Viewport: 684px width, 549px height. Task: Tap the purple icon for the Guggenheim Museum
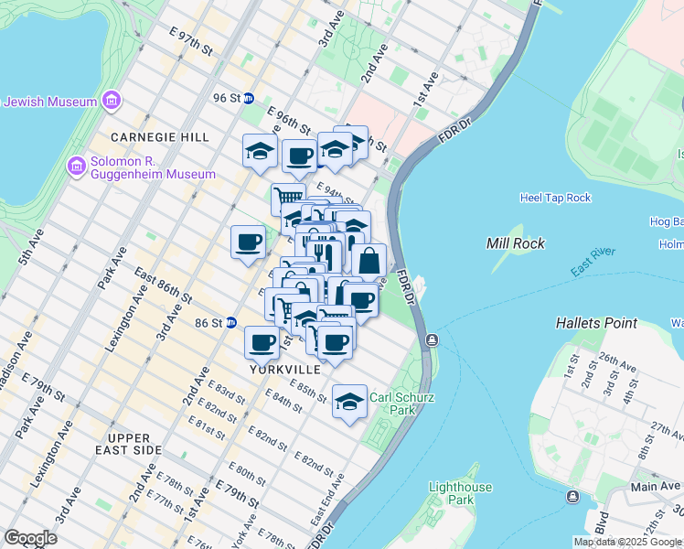(x=77, y=167)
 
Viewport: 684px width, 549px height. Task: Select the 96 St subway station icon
(x=248, y=98)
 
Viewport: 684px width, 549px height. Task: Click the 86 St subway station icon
(x=231, y=323)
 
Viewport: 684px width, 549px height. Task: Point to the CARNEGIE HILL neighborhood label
(x=160, y=136)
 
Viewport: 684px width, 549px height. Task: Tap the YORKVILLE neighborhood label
(x=285, y=370)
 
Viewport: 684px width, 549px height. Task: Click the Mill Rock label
(x=515, y=243)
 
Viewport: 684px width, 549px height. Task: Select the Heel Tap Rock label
(x=555, y=198)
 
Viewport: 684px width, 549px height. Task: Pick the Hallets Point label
(x=596, y=324)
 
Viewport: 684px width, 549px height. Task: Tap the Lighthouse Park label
(x=461, y=494)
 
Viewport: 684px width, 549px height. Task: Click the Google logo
(x=30, y=538)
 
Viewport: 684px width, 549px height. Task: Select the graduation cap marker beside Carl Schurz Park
(x=349, y=403)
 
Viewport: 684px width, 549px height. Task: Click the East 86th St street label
(x=163, y=285)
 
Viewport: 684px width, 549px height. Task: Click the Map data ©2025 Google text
(x=626, y=542)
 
